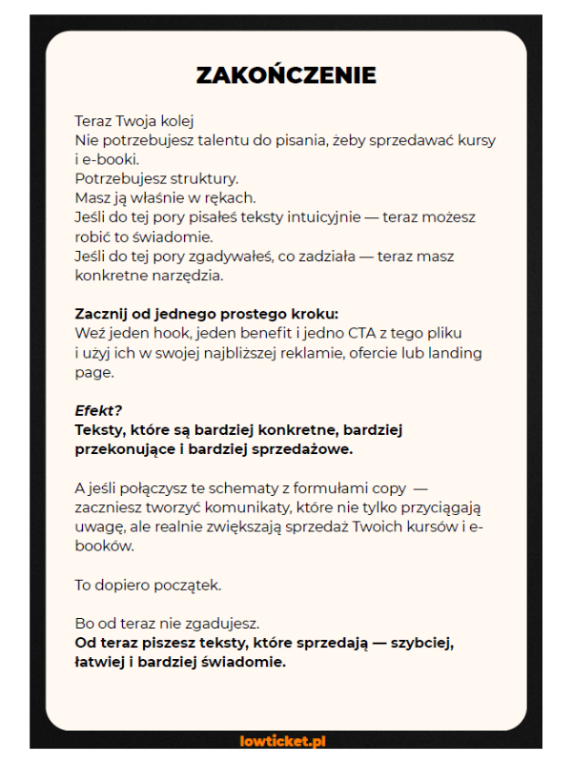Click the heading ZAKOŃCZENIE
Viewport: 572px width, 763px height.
[286, 75]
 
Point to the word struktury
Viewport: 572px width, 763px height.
[204, 178]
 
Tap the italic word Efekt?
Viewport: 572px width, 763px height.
[98, 411]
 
